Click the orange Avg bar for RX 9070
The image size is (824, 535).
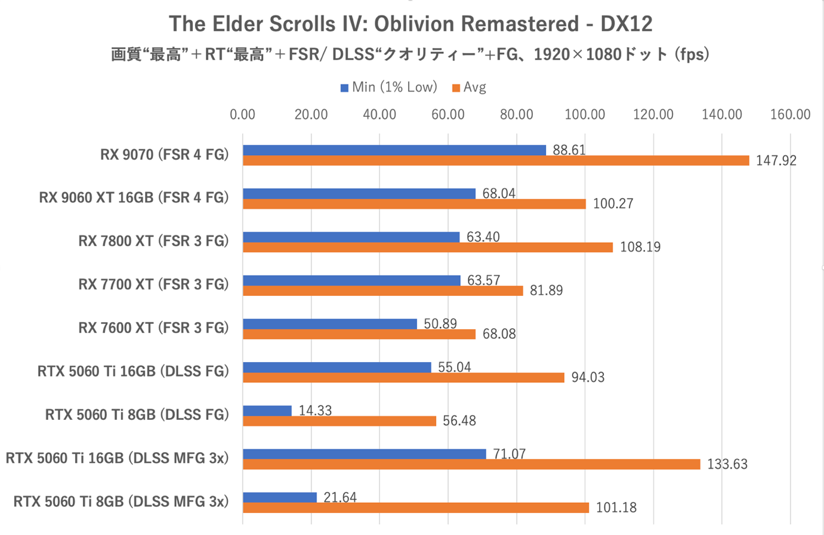coord(495,160)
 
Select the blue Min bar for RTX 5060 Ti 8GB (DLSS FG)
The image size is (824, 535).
coord(267,410)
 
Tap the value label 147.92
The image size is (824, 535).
coord(776,160)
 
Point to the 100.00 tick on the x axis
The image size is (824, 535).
coord(585,115)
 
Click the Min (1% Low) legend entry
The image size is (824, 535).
coord(389,88)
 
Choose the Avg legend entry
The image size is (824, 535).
coord(470,88)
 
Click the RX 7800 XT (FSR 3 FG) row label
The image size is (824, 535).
coord(153,241)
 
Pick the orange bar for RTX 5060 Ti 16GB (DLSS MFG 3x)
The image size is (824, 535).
coord(471,464)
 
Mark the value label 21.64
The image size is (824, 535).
coord(340,497)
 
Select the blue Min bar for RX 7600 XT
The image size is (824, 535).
coord(329,324)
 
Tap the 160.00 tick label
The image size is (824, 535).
coord(790,115)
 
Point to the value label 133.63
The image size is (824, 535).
coord(727,464)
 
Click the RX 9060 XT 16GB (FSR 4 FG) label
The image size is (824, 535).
coord(134,197)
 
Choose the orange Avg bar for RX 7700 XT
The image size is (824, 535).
coord(382,290)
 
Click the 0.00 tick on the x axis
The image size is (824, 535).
coord(242,115)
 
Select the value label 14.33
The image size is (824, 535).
coord(315,410)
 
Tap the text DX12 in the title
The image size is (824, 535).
coord(626,24)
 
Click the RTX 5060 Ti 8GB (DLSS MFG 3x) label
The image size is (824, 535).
coord(121,502)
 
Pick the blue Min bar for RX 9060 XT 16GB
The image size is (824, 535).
coord(359,193)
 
